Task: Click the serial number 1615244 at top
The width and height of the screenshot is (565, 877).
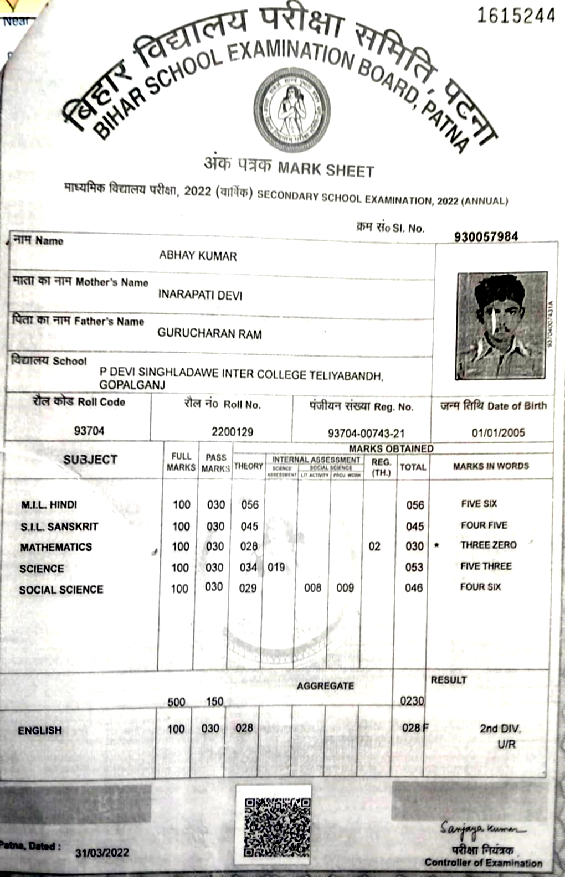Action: tap(516, 16)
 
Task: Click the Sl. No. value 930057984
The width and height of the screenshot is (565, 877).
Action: tap(486, 237)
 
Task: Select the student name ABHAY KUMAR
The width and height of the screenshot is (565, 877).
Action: tap(198, 256)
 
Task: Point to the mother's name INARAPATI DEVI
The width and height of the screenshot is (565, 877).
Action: tap(200, 295)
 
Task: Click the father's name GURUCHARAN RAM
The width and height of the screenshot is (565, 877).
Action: tap(209, 333)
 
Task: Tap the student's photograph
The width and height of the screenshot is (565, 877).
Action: tap(501, 326)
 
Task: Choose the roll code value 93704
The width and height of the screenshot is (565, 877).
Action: tap(89, 431)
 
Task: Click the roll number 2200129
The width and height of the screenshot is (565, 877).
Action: tap(232, 431)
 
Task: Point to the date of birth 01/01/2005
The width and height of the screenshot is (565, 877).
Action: tap(498, 433)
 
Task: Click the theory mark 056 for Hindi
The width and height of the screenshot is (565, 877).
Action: tap(250, 504)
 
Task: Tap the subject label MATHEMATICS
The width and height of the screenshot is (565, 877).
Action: tap(56, 548)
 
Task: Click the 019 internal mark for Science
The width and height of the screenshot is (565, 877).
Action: tap(276, 567)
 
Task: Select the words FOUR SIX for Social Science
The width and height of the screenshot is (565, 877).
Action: tap(480, 587)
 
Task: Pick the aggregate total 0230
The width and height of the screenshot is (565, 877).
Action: tap(412, 701)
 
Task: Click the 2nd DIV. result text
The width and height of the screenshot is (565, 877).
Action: tap(500, 729)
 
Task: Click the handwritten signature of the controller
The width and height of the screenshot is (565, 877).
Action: tap(480, 829)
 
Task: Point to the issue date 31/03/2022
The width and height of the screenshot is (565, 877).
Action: tap(102, 852)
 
